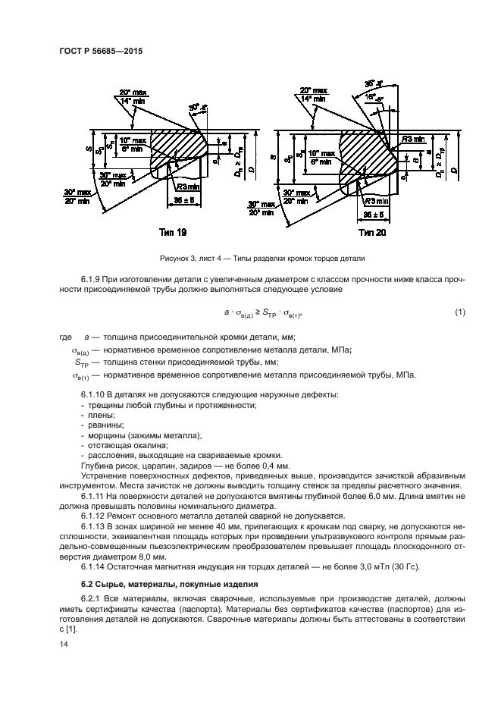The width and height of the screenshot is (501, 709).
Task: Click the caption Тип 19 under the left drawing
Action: click(x=173, y=232)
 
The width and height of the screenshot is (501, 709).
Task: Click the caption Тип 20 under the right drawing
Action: click(x=371, y=232)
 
